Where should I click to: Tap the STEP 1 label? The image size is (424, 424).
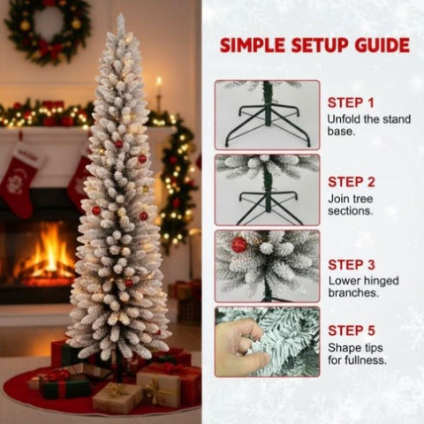point(351,102)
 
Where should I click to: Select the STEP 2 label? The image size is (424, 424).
point(352,182)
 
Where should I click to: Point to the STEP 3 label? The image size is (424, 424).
point(352,265)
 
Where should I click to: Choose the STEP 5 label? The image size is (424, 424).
point(352,330)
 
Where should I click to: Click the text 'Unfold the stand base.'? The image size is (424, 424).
point(369,125)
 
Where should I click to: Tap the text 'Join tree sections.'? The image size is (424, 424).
point(351,205)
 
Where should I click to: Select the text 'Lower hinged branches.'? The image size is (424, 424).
point(364,286)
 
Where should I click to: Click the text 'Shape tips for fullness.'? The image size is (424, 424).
point(358,353)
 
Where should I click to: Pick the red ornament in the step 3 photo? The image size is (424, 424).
point(238,245)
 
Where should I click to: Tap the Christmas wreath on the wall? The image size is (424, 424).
point(48,11)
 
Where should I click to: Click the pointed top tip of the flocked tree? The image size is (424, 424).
point(121,15)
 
